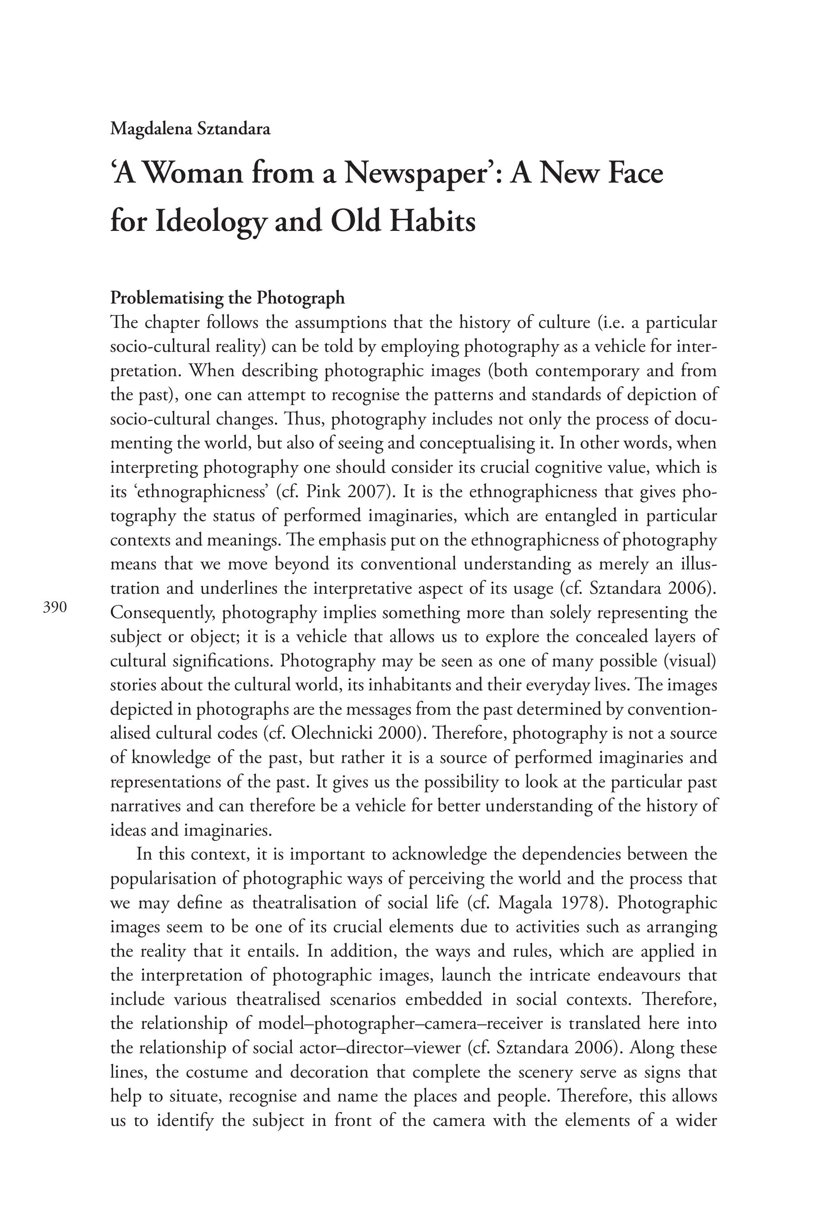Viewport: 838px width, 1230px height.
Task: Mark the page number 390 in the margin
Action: point(55,607)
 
